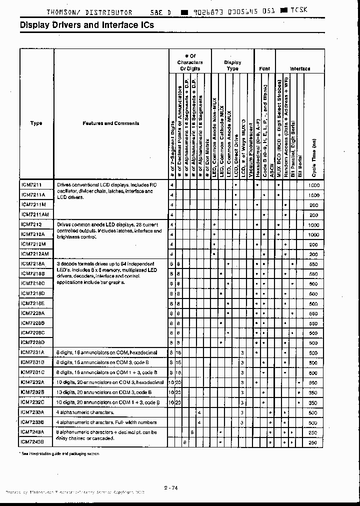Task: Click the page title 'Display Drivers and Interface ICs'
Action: (87, 25)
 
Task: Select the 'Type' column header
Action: (36, 123)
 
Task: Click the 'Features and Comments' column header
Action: (111, 123)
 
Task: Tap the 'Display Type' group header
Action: (232, 65)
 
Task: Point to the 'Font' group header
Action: (264, 68)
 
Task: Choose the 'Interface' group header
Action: (300, 68)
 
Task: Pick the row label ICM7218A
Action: (33, 263)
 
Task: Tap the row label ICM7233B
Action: (33, 422)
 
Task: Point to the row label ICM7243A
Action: (33, 432)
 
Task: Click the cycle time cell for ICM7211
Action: (313, 185)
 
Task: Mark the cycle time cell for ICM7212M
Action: (313, 244)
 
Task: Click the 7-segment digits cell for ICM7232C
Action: (171, 402)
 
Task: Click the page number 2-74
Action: (170, 488)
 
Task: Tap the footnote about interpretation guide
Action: (59, 453)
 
